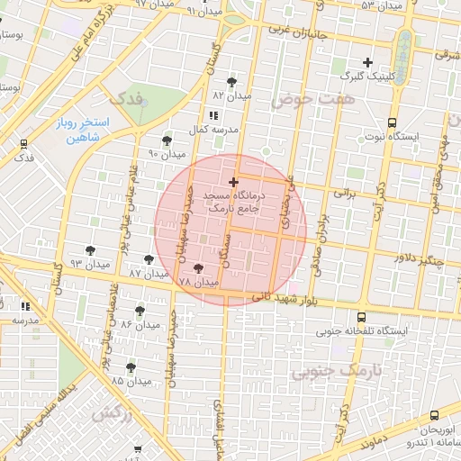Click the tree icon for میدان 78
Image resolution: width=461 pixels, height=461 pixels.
[x=198, y=268]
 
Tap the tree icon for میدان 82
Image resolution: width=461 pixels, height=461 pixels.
[x=232, y=82]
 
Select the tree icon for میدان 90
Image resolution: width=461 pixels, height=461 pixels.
[x=167, y=140]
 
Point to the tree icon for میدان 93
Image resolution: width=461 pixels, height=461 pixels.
[x=89, y=250]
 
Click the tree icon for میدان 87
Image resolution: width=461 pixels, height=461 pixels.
[x=149, y=259]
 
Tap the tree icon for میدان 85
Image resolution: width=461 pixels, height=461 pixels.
[x=131, y=367]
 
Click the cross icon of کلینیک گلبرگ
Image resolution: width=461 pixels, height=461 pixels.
[x=367, y=62]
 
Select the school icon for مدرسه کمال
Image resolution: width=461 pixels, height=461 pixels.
[x=212, y=115]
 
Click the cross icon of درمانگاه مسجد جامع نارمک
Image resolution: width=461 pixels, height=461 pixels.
[x=234, y=182]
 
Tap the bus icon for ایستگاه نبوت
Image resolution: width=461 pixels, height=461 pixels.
[x=392, y=122]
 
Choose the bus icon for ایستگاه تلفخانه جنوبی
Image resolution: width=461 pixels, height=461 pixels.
[x=361, y=317]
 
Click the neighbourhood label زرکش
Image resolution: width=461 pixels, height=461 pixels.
[x=112, y=413]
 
